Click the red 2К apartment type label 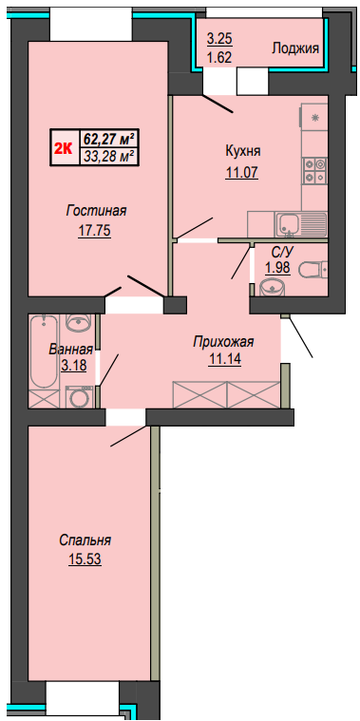[x=64, y=148]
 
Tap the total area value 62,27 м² [x=110, y=138]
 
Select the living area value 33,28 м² [x=110, y=156]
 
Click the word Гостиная [x=96, y=211]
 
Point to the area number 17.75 [x=94, y=231]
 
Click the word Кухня [x=243, y=151]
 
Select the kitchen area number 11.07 [x=242, y=173]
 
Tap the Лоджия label [x=295, y=48]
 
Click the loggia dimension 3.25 [x=218, y=39]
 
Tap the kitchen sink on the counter [x=288, y=224]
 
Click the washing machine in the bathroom [x=79, y=397]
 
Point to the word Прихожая [x=224, y=343]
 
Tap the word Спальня [x=85, y=541]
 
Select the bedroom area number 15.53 [x=85, y=560]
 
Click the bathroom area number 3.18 [x=72, y=367]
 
